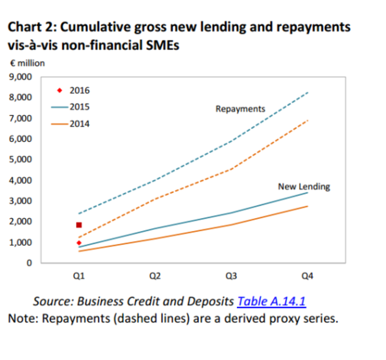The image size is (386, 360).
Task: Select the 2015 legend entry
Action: [74, 107]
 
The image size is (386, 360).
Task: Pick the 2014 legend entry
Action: [74, 124]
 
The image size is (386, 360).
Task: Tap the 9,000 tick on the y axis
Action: [21, 77]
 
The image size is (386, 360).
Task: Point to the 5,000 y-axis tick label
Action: [21, 159]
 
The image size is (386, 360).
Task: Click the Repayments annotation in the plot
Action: [240, 109]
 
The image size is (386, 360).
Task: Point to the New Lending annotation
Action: [303, 187]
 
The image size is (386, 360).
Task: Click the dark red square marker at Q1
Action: [79, 225]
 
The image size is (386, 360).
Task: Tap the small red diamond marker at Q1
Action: [79, 243]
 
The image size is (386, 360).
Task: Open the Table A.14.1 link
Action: [271, 301]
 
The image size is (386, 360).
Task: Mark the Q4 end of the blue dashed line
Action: [308, 93]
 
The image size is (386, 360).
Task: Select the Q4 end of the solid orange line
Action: [308, 206]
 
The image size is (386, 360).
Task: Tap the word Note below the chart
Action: [22, 318]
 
